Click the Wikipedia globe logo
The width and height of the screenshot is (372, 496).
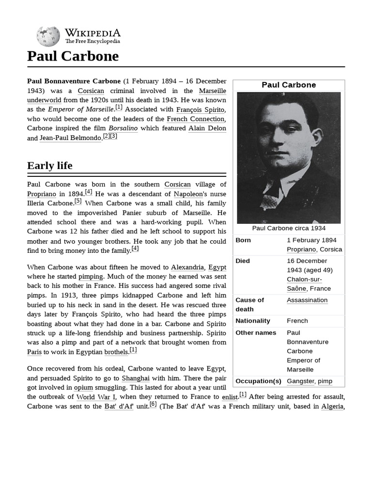48,37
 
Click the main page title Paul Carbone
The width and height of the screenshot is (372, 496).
73,56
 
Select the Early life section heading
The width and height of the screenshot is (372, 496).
50,166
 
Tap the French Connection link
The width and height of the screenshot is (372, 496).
196,119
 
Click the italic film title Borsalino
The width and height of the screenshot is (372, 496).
123,128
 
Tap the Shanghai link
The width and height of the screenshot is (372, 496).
136,378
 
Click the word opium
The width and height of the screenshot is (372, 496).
83,387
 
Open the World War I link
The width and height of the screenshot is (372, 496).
93,397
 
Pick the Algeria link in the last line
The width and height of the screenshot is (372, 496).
332,406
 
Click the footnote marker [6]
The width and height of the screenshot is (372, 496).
153,404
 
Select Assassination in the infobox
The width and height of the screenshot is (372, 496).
307,300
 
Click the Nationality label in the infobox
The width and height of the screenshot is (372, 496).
253,321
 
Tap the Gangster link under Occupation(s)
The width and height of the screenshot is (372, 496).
300,381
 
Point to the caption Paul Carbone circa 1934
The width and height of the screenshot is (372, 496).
289,228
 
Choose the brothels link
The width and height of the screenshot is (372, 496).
116,352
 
